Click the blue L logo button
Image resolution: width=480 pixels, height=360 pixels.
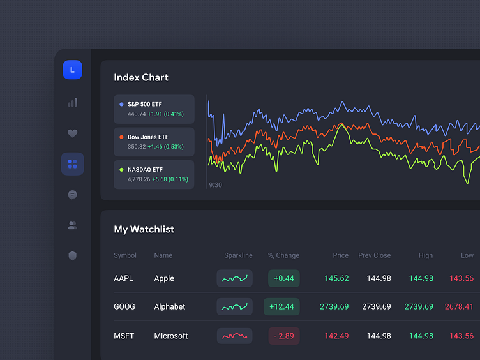click(x=72, y=70)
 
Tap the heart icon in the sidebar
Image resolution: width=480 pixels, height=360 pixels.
click(x=72, y=133)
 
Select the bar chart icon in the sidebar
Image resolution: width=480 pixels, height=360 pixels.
click(x=72, y=102)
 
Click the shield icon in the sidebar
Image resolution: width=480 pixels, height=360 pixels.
click(x=72, y=256)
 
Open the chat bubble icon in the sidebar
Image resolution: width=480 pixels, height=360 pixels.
click(x=72, y=195)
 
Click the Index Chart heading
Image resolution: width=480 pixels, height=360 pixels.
click(x=141, y=78)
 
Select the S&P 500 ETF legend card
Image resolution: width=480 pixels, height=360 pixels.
click(x=154, y=109)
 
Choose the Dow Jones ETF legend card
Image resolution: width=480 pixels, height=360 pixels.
click(x=154, y=142)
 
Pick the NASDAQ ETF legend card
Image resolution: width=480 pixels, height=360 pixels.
click(x=154, y=174)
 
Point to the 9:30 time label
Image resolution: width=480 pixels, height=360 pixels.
click(x=215, y=185)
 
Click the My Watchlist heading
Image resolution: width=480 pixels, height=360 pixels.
click(x=144, y=229)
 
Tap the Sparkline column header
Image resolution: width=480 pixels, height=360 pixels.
click(x=238, y=255)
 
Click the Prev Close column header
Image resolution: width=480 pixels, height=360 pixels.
click(x=374, y=255)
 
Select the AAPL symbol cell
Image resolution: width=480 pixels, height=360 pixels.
click(x=124, y=278)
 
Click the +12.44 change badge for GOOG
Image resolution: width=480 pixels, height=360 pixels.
click(x=281, y=307)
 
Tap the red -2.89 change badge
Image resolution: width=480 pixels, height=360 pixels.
click(x=284, y=336)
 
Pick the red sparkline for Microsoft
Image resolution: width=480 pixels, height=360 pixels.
click(x=234, y=336)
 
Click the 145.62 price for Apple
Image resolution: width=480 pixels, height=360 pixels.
click(x=336, y=278)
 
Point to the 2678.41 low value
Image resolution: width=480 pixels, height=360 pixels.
click(x=459, y=307)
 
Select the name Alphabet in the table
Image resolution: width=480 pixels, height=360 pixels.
click(x=170, y=307)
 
